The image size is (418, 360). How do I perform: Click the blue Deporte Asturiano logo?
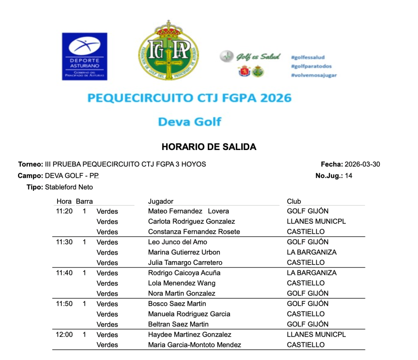[84, 56]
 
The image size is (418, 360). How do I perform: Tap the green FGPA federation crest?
[169, 51]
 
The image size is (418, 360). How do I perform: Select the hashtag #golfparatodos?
[311, 66]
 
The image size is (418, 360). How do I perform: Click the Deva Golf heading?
[190, 122]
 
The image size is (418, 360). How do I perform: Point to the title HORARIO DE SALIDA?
[209, 147]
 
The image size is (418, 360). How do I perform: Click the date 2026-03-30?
[362, 164]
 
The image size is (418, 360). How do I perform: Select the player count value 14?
[348, 176]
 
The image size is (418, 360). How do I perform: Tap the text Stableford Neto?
[69, 187]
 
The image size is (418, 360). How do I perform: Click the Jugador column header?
[160, 201]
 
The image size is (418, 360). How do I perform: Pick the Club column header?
[294, 201]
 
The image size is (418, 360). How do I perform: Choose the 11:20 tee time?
[64, 211]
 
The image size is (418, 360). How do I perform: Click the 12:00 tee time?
[64, 334]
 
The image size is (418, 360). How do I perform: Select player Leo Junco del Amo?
[178, 242]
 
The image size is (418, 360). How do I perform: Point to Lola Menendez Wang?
[182, 283]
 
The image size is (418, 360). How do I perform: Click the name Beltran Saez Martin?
[178, 324]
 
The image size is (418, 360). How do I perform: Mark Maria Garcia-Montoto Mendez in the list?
[194, 344]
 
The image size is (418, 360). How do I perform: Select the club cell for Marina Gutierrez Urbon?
[311, 252]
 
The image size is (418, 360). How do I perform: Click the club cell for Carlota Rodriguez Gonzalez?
[316, 221]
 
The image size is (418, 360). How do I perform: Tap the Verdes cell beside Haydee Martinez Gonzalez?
[107, 335]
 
